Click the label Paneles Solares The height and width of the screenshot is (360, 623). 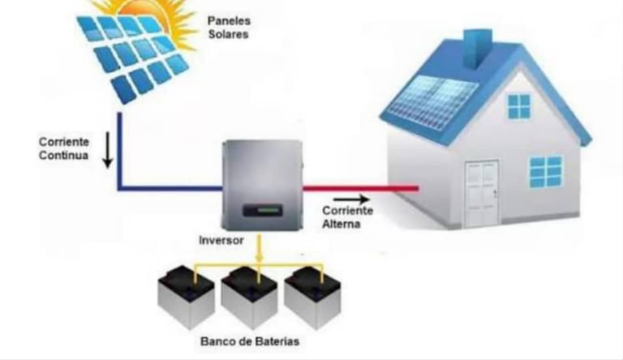[228, 27]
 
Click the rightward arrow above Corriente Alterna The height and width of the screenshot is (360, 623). [350, 198]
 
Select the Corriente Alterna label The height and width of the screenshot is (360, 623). [346, 216]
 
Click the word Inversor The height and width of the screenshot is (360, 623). [221, 241]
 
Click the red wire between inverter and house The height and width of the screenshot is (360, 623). [361, 188]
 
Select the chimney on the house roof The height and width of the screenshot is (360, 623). [478, 46]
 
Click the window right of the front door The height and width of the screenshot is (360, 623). [545, 171]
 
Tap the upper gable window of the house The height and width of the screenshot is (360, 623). [518, 106]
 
